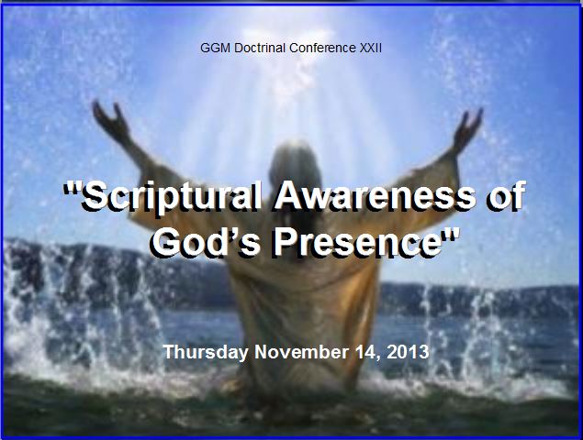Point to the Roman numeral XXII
click(370, 49)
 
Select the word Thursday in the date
click(206, 352)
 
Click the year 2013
click(408, 352)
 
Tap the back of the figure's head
click(296, 163)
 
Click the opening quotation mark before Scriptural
click(72, 190)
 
